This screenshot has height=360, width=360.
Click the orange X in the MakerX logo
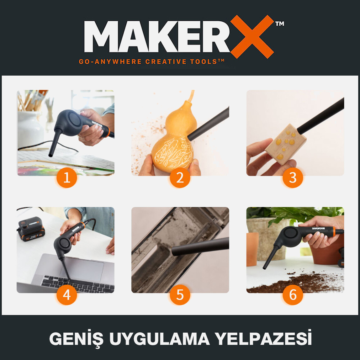point(252,36)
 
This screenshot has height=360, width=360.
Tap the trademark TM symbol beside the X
point(279,24)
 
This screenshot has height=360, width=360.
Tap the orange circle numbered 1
point(67,178)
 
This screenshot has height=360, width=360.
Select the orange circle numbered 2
point(180,178)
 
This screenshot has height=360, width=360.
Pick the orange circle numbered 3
point(293,178)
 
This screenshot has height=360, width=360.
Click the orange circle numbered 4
point(67,295)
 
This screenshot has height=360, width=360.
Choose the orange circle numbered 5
point(180,295)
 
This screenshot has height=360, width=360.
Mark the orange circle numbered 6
point(293,295)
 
